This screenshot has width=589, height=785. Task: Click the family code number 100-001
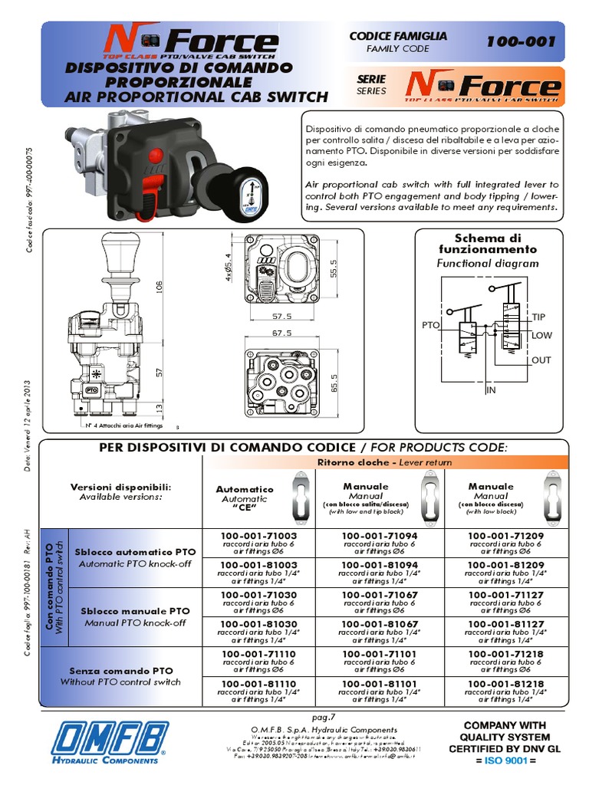tap(520, 42)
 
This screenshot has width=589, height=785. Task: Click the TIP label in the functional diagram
tap(538, 317)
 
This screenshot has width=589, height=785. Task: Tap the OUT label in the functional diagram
tap(541, 360)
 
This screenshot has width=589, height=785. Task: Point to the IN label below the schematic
tap(492, 390)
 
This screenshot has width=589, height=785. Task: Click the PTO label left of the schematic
tap(430, 325)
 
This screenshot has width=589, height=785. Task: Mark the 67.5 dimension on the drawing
tap(281, 333)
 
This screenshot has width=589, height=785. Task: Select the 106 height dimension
tap(160, 287)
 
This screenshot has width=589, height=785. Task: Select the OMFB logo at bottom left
tap(108, 744)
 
